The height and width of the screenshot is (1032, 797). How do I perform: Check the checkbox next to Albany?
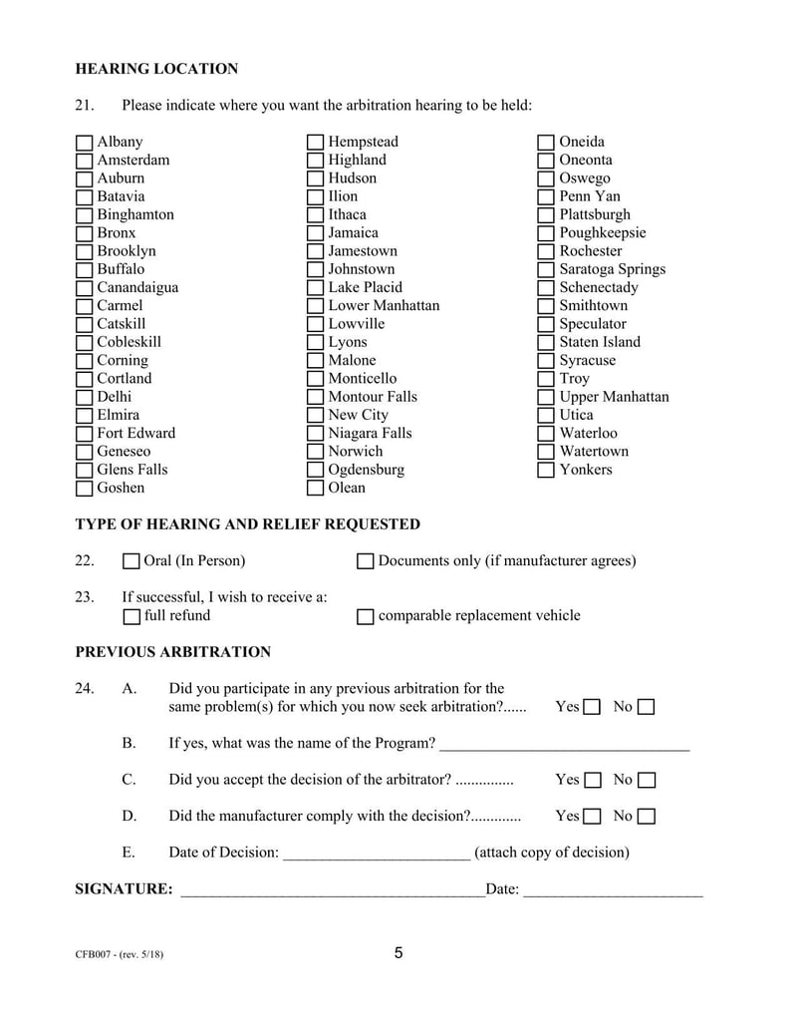pyautogui.click(x=85, y=143)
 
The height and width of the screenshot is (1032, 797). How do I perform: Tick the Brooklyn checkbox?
pyautogui.click(x=85, y=252)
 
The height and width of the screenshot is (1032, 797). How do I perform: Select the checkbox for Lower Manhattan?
pyautogui.click(x=316, y=306)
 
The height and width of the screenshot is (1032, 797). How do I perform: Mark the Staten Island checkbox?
pyautogui.click(x=546, y=343)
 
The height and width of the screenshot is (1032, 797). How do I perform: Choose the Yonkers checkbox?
pyautogui.click(x=546, y=470)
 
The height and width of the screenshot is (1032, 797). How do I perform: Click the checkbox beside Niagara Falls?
pyautogui.click(x=316, y=434)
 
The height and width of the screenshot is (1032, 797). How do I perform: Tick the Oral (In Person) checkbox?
pyautogui.click(x=132, y=562)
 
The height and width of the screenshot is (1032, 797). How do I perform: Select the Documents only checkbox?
pyautogui.click(x=365, y=562)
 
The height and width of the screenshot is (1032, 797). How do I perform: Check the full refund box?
pyautogui.click(x=132, y=617)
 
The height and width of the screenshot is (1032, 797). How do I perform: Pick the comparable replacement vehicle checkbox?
pyautogui.click(x=365, y=617)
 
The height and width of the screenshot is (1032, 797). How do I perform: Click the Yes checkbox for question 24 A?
pyautogui.click(x=592, y=708)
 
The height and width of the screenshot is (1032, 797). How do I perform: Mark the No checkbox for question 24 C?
pyautogui.click(x=647, y=781)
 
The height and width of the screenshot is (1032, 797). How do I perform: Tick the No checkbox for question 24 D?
pyautogui.click(x=647, y=818)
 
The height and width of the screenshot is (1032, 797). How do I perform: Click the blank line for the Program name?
pyautogui.click(x=564, y=745)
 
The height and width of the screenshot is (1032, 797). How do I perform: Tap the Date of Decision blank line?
pyautogui.click(x=377, y=854)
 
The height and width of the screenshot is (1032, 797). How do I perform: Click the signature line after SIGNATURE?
pyautogui.click(x=331, y=890)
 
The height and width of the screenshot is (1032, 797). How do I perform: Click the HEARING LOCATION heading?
pyautogui.click(x=156, y=70)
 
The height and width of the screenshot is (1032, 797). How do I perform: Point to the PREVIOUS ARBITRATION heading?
pyautogui.click(x=172, y=653)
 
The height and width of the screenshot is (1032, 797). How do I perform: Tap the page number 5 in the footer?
pyautogui.click(x=398, y=953)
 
